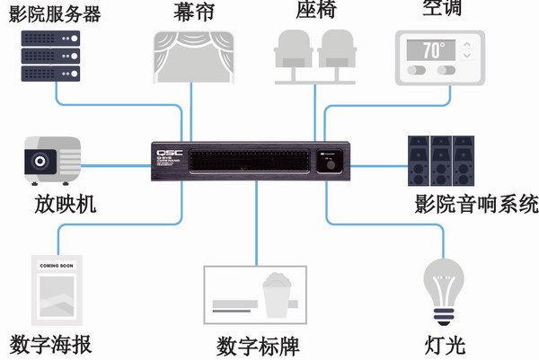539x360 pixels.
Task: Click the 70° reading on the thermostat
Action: click(434, 48)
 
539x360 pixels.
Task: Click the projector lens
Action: click(40, 162)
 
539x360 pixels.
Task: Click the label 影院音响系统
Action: click(477, 203)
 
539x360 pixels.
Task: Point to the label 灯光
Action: click(445, 344)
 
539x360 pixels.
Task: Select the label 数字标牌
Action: click(258, 346)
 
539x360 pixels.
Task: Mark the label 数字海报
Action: click(52, 345)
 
